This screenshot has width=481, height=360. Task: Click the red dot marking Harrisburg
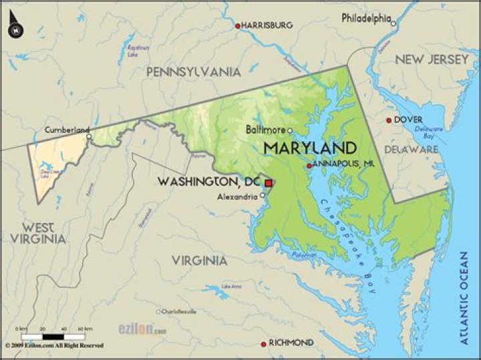coord(237,26)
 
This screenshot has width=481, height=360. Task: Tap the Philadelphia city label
coord(365,18)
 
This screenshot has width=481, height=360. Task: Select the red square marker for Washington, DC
coord(269,182)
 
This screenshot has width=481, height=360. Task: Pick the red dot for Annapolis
coord(309,166)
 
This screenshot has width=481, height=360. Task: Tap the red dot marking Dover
coord(389,121)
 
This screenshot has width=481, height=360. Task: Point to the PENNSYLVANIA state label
coord(193,71)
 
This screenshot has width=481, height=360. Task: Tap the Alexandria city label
coord(237,196)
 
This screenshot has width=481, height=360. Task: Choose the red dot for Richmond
coord(263,344)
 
